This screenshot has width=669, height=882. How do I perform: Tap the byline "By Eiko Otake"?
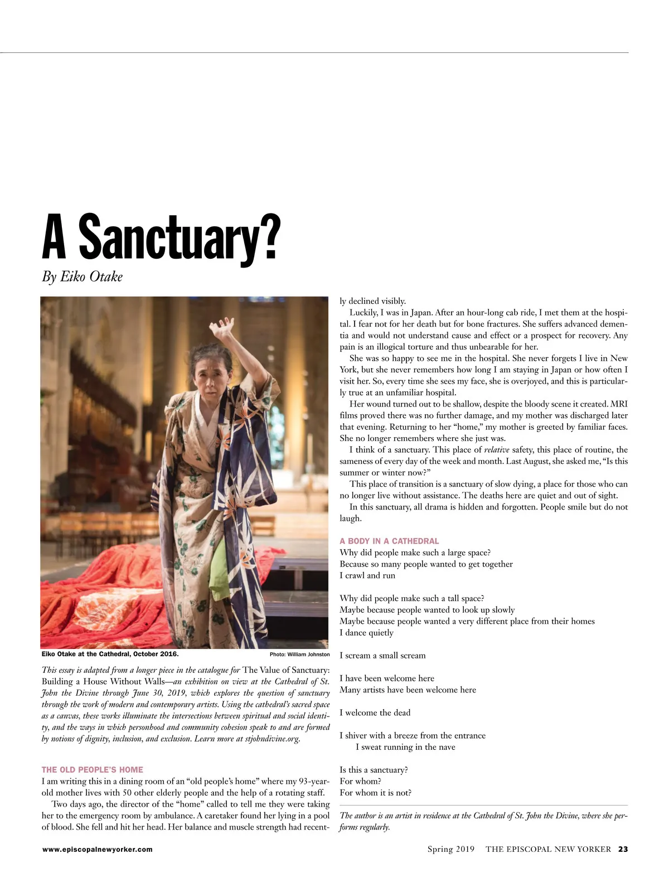[82, 277]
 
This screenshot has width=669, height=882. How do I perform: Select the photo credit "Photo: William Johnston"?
[299, 655]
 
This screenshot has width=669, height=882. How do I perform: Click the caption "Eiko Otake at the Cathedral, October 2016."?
[110, 654]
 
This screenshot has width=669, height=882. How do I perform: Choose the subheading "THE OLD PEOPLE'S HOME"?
[92, 769]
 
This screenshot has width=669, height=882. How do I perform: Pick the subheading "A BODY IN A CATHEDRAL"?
[389, 541]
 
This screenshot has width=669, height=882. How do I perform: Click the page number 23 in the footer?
[623, 849]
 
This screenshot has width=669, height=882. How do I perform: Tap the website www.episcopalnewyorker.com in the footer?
[97, 850]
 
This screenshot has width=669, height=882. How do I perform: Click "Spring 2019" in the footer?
[450, 849]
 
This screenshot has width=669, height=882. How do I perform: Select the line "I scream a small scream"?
[382, 656]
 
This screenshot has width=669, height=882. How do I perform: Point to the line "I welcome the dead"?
[375, 713]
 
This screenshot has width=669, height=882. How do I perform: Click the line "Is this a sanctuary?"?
[374, 770]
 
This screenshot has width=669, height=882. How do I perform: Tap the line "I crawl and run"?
[367, 575]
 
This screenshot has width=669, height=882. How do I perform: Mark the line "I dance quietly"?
[366, 633]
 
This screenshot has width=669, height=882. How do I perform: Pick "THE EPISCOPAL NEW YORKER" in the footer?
[548, 849]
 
